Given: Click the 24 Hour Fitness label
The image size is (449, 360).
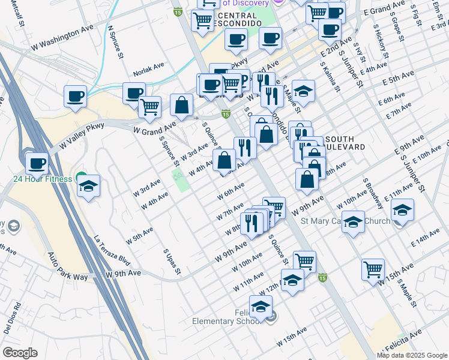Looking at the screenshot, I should pyautogui.click(x=44, y=178).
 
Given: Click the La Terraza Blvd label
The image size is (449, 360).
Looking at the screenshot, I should pyautogui.click(x=112, y=251).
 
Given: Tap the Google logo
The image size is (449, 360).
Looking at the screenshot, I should pyautogui.click(x=20, y=353).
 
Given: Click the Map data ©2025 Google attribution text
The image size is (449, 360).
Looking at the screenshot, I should pyautogui.click(x=412, y=355).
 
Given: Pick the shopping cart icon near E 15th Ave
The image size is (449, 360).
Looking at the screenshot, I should pyautogui.click(x=373, y=269).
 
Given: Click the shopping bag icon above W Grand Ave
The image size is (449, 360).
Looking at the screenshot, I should pyautogui.click(x=181, y=106).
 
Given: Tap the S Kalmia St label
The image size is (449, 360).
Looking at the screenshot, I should pyautogui.click(x=330, y=76).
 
